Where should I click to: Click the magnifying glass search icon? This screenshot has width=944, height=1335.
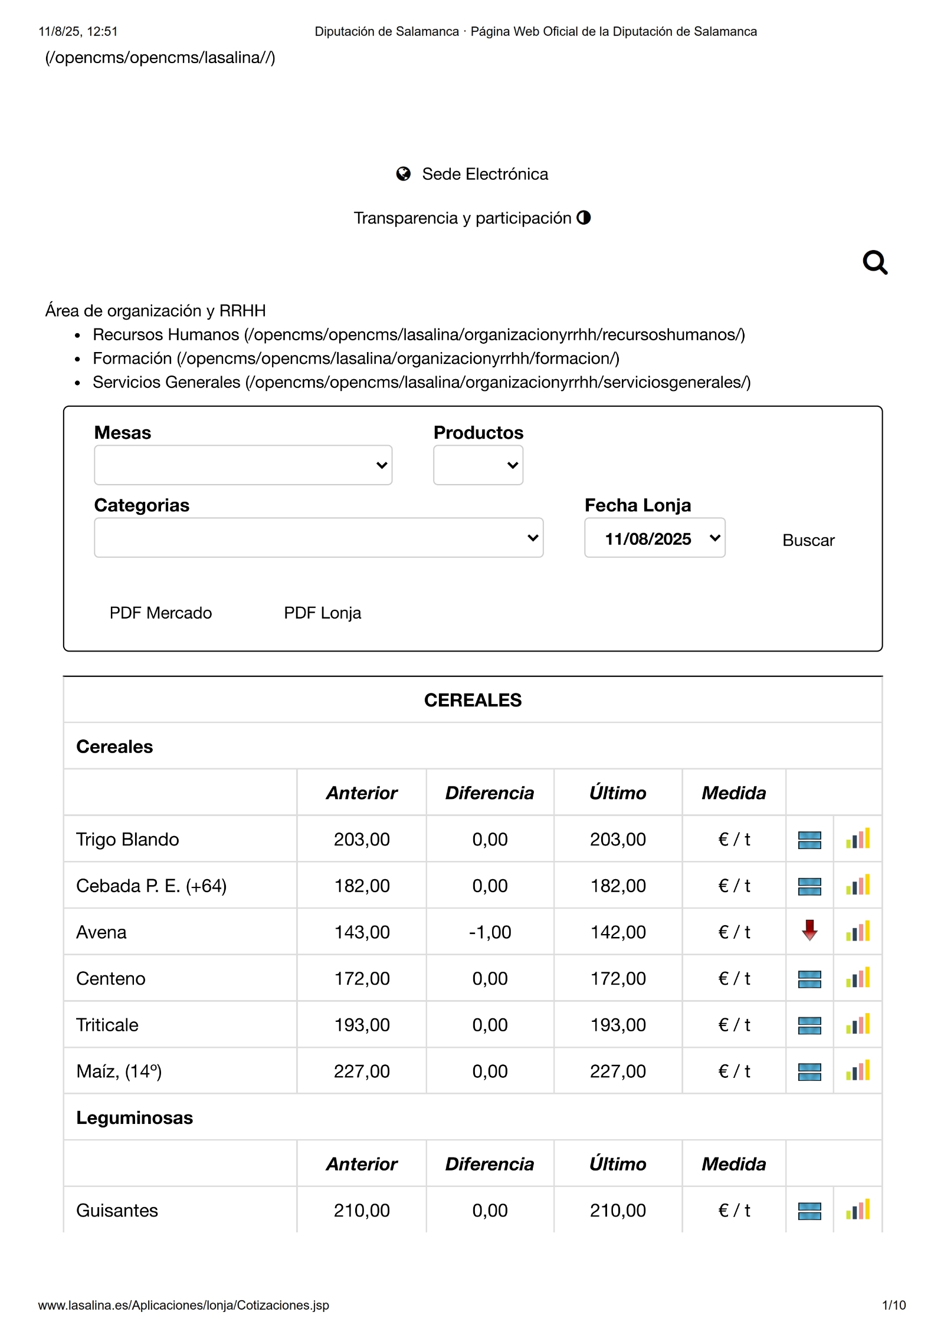[874, 262]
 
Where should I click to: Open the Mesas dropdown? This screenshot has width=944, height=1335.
[242, 465]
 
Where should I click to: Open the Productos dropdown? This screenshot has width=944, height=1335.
[478, 465]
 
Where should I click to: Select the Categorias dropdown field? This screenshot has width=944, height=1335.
[319, 538]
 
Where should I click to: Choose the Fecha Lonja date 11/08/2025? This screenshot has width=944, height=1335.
[654, 538]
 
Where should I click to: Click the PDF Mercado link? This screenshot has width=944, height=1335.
[160, 613]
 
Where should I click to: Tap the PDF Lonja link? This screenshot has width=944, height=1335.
[322, 613]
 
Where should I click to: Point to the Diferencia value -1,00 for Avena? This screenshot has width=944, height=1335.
[490, 932]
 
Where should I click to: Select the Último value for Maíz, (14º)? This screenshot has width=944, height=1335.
[618, 1071]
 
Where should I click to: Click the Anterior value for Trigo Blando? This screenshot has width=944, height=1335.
[362, 839]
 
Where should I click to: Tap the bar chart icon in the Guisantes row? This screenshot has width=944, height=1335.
[858, 1210]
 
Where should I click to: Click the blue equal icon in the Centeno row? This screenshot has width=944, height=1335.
[809, 979]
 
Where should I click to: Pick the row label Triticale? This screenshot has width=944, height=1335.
[107, 1025]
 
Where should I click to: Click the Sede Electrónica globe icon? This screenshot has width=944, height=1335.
[404, 174]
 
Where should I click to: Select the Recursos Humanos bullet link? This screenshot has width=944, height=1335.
[418, 335]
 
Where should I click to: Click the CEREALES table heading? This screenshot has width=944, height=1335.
[473, 700]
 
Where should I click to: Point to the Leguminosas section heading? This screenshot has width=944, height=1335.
[135, 1117]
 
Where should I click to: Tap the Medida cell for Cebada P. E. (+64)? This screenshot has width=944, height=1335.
[734, 886]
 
